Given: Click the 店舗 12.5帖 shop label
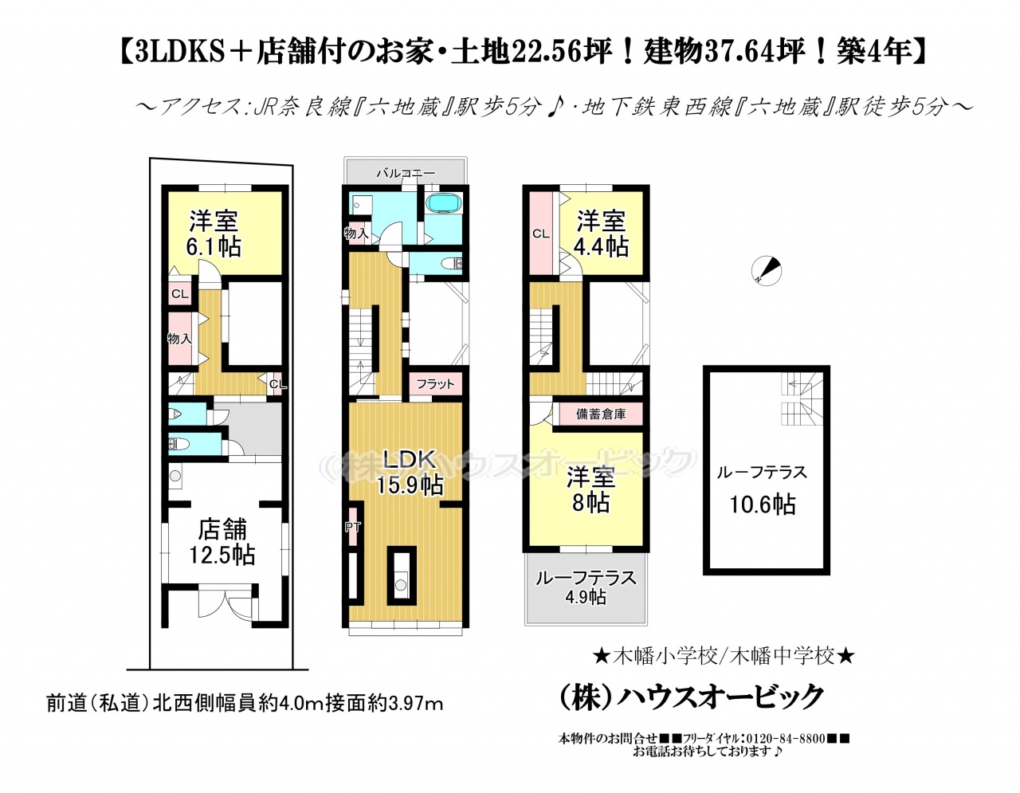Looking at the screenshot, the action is (x=222, y=543).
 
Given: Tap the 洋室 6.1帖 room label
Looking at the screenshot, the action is (x=214, y=234).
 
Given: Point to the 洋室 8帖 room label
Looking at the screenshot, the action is (x=590, y=490).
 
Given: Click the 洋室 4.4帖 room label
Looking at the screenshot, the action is (x=601, y=234).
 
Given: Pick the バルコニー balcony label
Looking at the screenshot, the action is (x=406, y=174).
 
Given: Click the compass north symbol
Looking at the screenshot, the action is (x=766, y=271).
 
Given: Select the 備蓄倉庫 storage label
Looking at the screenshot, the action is (x=601, y=414).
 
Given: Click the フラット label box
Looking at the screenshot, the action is (x=436, y=384).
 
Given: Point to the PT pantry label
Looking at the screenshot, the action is (x=352, y=527).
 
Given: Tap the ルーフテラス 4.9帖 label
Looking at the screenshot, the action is (x=586, y=587).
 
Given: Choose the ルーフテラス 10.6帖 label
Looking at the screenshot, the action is (x=763, y=489).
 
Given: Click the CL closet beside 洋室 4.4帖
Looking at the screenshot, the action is (x=541, y=234).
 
